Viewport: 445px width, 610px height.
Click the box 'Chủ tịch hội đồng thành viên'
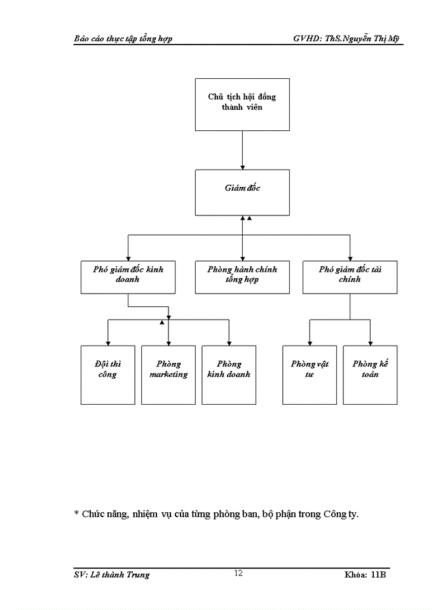pyautogui.click(x=242, y=104)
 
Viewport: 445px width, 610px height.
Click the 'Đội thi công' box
pyautogui.click(x=107, y=374)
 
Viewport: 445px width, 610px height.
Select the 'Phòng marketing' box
pyautogui.click(x=168, y=374)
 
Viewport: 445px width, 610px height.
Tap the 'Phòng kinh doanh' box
pyautogui.click(x=229, y=374)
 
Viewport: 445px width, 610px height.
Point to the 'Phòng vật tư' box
pyautogui.click(x=310, y=374)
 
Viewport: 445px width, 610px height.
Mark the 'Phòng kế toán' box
pyautogui.click(x=370, y=374)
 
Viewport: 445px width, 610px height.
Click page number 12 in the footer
pyautogui.click(x=238, y=573)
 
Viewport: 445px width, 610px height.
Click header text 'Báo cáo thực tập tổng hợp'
pyautogui.click(x=123, y=39)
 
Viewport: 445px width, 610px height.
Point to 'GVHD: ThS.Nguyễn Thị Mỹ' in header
pyautogui.click(x=346, y=39)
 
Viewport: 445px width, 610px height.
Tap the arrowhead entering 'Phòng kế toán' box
pyautogui.click(x=370, y=342)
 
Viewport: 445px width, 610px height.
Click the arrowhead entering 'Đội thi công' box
pyautogui.click(x=107, y=342)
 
